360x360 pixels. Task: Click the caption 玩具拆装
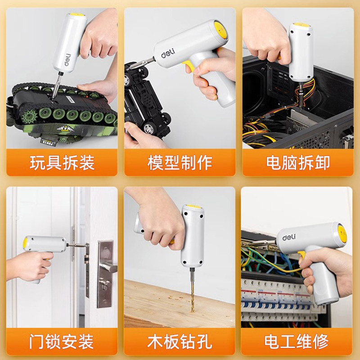click(62, 162)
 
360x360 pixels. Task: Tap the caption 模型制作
click(180, 162)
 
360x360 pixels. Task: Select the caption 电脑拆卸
click(298, 162)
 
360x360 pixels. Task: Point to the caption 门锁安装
click(62, 342)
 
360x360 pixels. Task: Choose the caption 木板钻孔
click(180, 342)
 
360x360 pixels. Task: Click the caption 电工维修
click(297, 342)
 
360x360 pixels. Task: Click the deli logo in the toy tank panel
click(67, 60)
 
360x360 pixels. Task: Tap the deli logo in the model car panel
click(168, 53)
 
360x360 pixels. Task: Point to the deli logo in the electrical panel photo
click(289, 238)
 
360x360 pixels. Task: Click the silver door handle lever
click(108, 267)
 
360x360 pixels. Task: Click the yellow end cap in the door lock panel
click(25, 243)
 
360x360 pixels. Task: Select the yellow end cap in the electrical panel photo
click(342, 234)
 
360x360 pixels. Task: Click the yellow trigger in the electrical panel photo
click(302, 255)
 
